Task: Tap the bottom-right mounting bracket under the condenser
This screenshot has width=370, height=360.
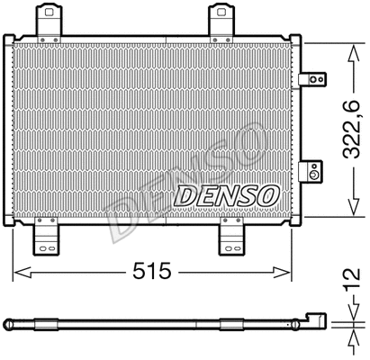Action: (233, 238)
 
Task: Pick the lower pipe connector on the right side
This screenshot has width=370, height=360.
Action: (312, 170)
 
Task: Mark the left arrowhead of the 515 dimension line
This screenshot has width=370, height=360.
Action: (17, 272)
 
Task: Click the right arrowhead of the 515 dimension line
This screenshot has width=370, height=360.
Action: (289, 272)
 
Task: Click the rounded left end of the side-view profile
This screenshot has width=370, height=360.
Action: (7, 320)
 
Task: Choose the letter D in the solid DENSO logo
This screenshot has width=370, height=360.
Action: (183, 193)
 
